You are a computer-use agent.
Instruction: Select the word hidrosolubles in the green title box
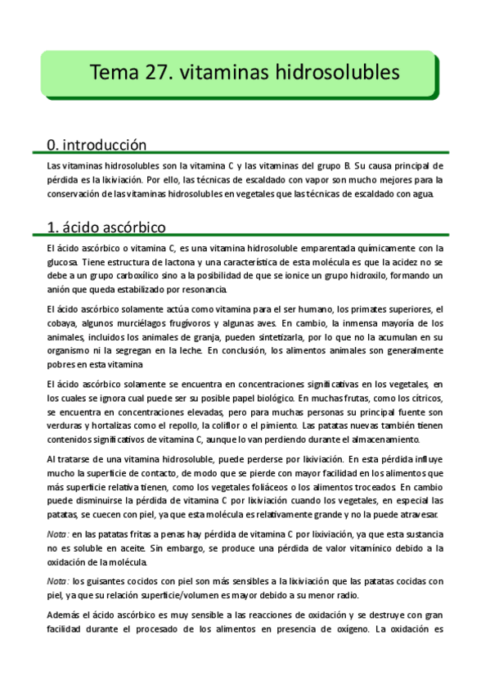coord(341,73)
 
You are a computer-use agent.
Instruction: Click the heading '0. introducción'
coord(97,145)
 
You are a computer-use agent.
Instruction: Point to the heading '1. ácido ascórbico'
coord(107,226)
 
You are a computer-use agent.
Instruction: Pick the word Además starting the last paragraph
coord(65,615)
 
